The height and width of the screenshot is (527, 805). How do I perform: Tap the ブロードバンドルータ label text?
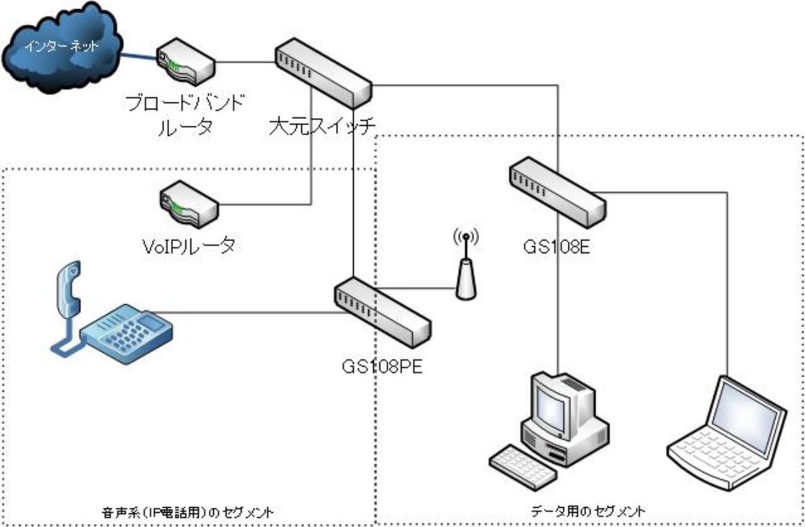(184, 113)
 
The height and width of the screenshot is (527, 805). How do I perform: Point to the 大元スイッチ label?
(323, 127)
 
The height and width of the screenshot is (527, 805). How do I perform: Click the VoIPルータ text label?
(188, 246)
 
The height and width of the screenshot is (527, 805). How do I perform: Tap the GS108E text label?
(556, 247)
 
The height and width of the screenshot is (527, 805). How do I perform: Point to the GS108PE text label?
(382, 366)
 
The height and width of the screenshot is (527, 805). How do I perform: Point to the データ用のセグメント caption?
(588, 511)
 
